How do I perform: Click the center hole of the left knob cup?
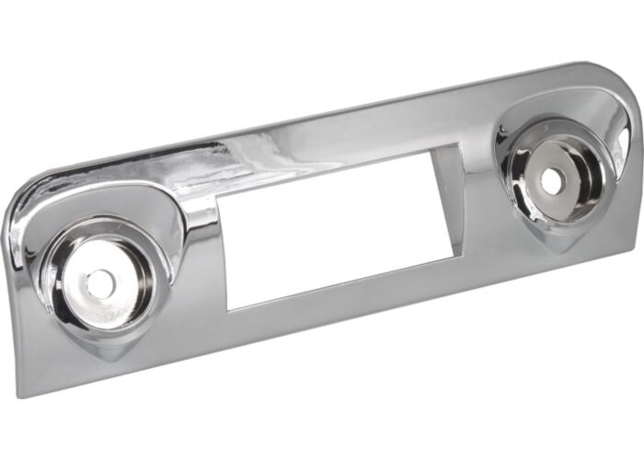pos(100,284)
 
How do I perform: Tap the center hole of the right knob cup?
pos(552,180)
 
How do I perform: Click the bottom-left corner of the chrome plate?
pos(21,394)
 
